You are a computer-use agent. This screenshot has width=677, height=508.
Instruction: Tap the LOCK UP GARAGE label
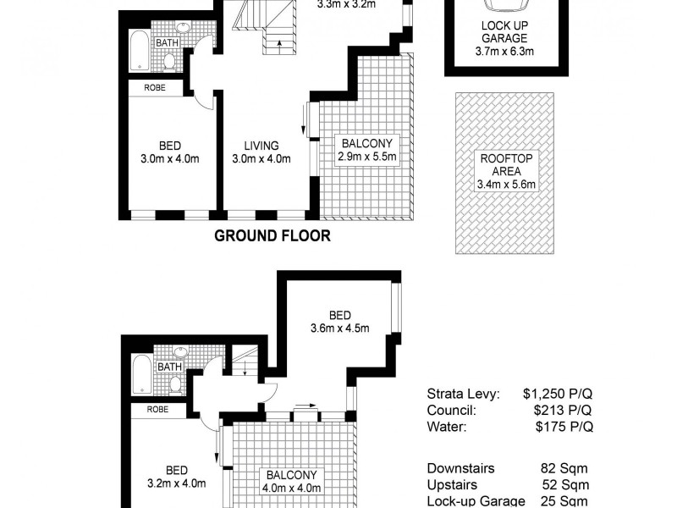click(x=504, y=32)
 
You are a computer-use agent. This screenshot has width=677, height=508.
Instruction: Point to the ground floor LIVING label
click(x=261, y=145)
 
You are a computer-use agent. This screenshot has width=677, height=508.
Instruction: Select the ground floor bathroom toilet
click(x=169, y=60)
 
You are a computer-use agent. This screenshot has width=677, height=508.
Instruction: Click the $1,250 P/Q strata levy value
click(x=557, y=395)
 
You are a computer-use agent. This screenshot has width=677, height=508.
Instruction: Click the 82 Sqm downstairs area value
click(x=564, y=468)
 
